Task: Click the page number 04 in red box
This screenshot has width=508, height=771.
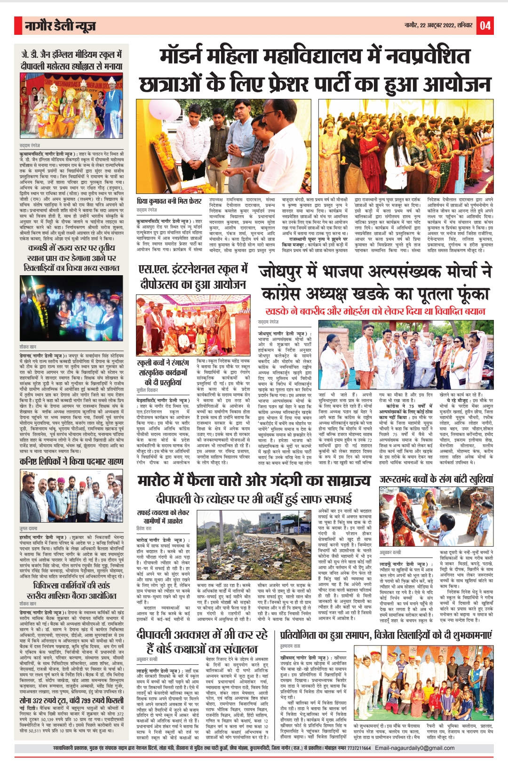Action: pos(485,25)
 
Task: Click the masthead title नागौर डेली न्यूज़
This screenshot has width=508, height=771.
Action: pos(61,26)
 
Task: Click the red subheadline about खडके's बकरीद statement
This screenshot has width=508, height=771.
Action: pos(375,311)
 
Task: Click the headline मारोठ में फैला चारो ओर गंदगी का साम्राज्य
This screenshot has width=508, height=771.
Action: pos(254,481)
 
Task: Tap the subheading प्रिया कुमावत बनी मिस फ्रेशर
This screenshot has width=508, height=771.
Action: pos(169,201)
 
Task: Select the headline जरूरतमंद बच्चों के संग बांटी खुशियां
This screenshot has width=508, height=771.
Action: pos(437,479)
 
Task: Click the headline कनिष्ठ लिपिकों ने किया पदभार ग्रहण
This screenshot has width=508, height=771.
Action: pos(71,461)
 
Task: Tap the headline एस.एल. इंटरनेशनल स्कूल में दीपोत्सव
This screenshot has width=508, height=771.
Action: pos(192,277)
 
